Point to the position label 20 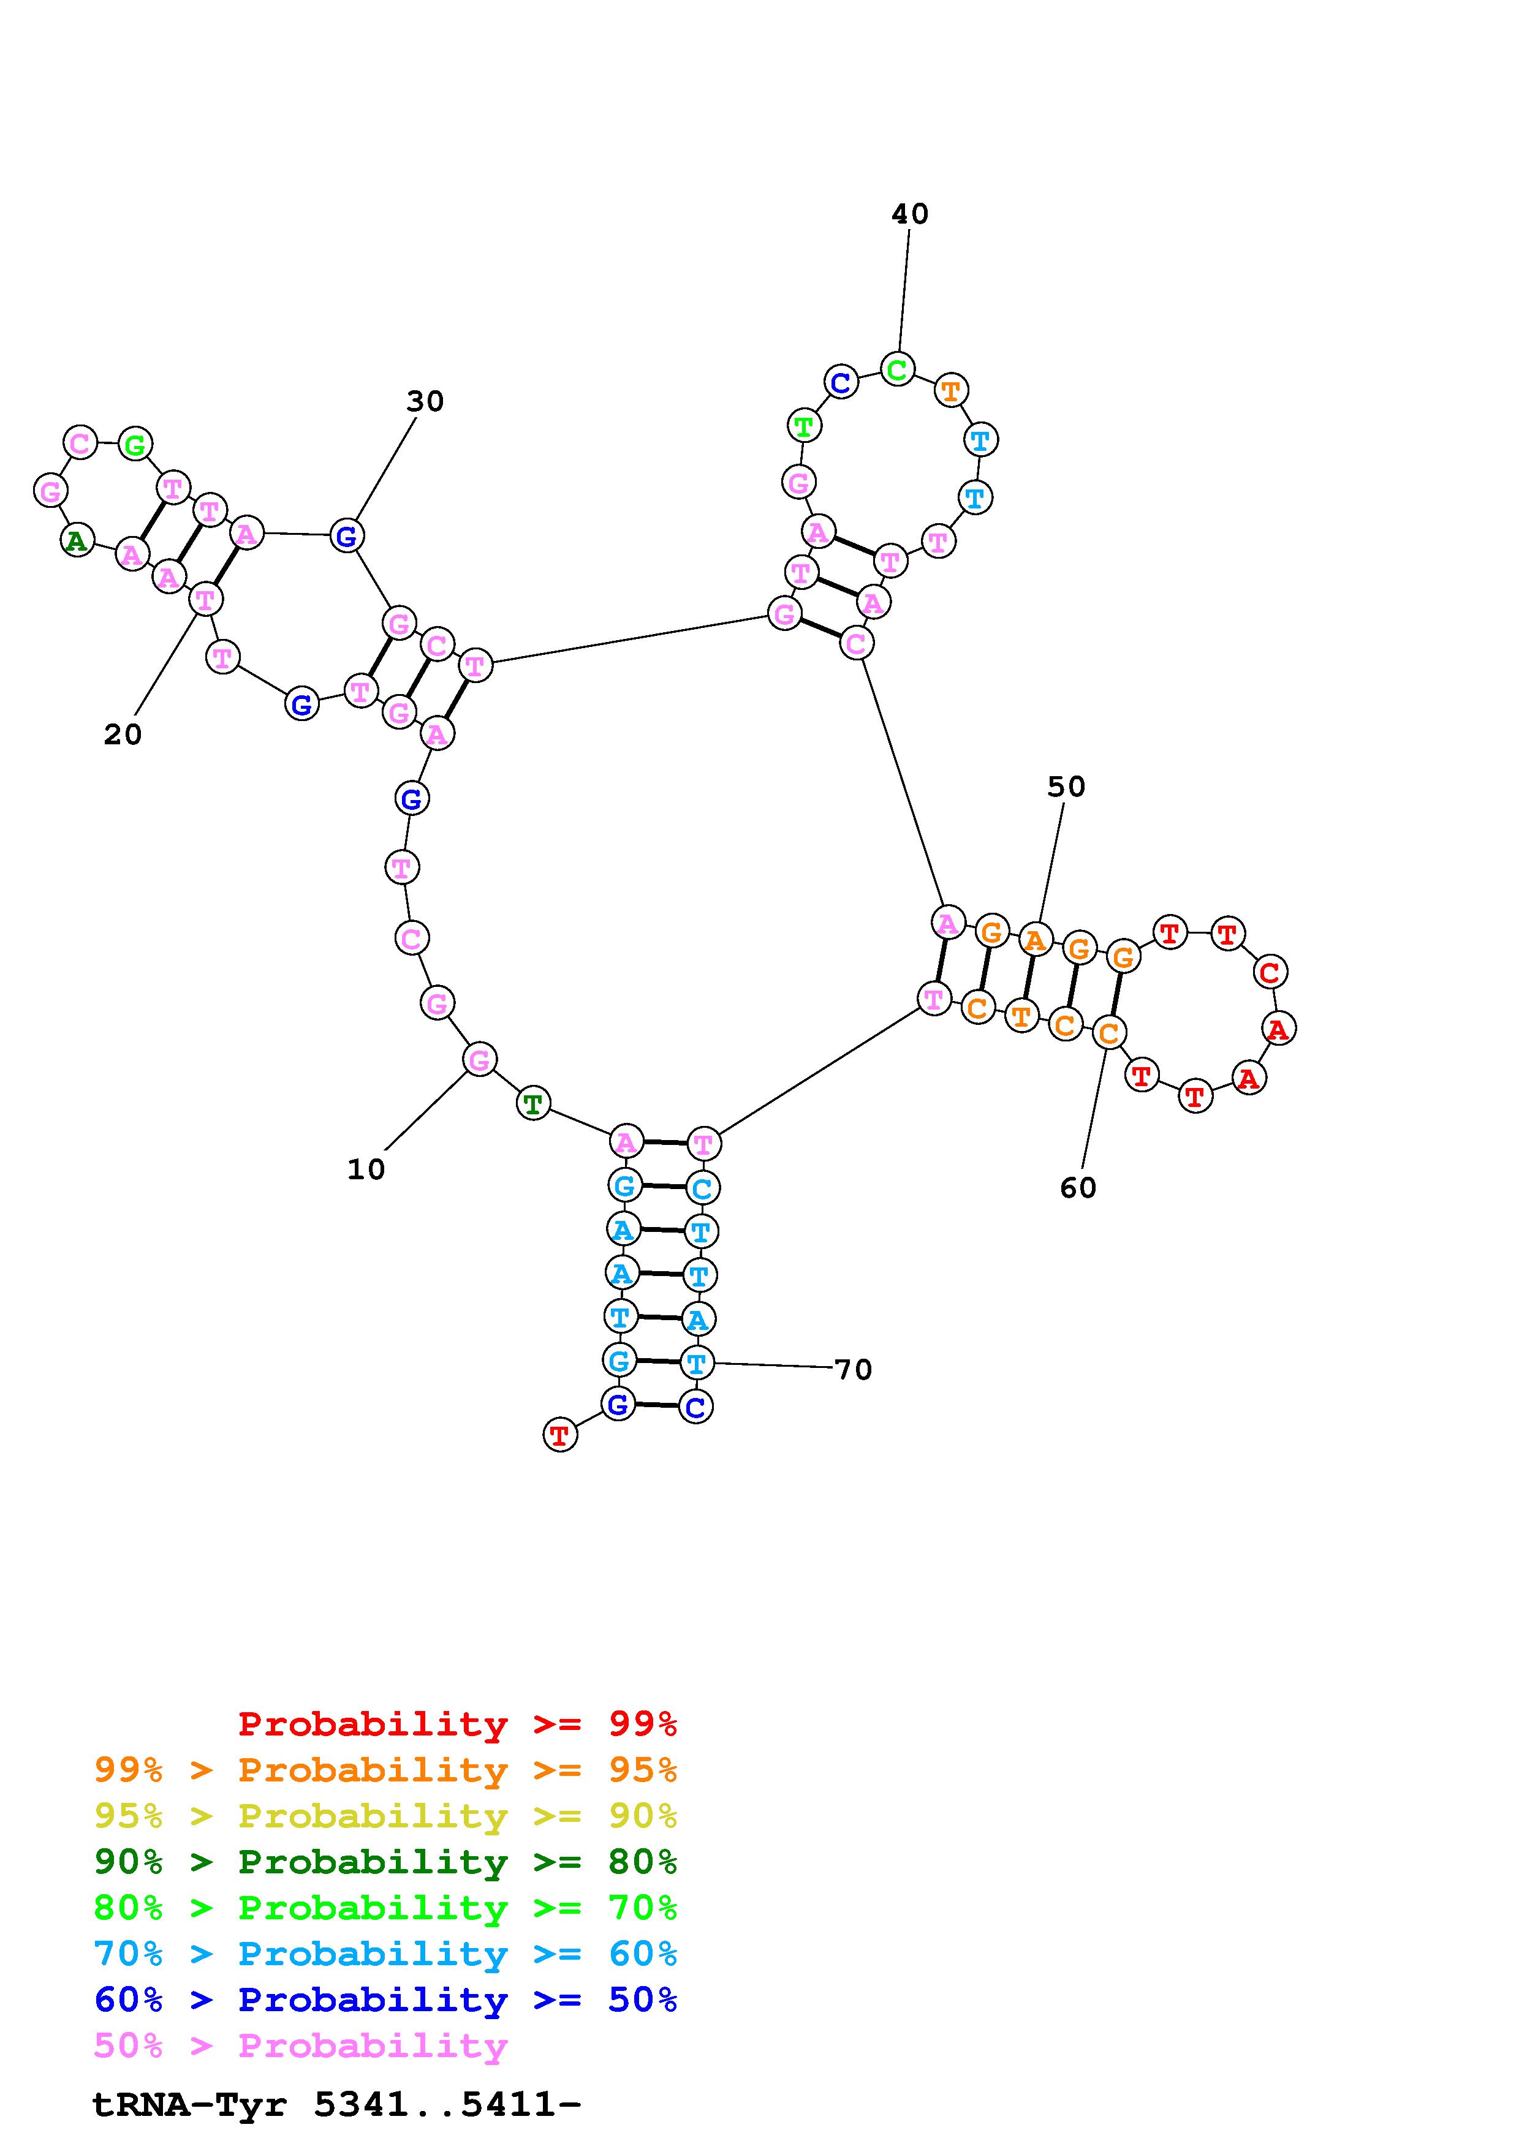coord(123,735)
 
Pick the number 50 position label coord(1066,787)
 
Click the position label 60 coord(1078,1188)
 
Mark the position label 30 coord(425,401)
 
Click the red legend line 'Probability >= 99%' coord(458,1724)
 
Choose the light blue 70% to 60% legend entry coord(385,1954)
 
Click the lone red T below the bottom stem coord(559,1434)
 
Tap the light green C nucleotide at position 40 coord(896,370)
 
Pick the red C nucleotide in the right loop coord(1269,972)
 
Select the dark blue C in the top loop coord(841,382)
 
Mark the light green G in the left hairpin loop coord(135,445)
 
